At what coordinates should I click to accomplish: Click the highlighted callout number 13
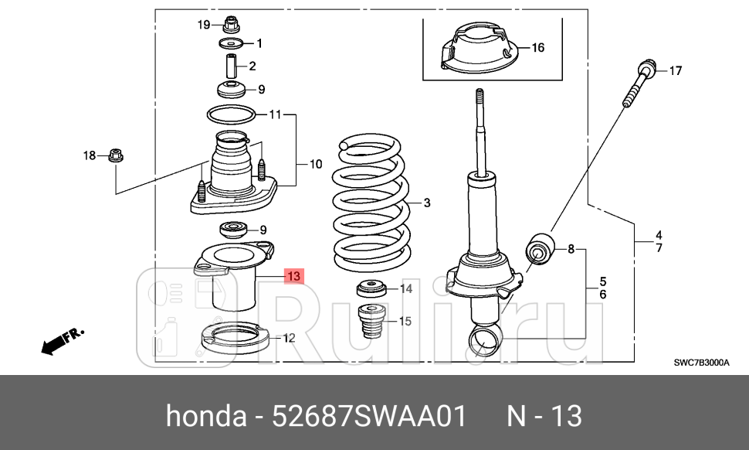click(x=293, y=276)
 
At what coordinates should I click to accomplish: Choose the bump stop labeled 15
click(x=374, y=326)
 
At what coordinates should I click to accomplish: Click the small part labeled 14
click(x=371, y=290)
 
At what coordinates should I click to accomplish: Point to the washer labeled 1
click(x=231, y=43)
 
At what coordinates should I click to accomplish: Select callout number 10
click(x=316, y=164)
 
